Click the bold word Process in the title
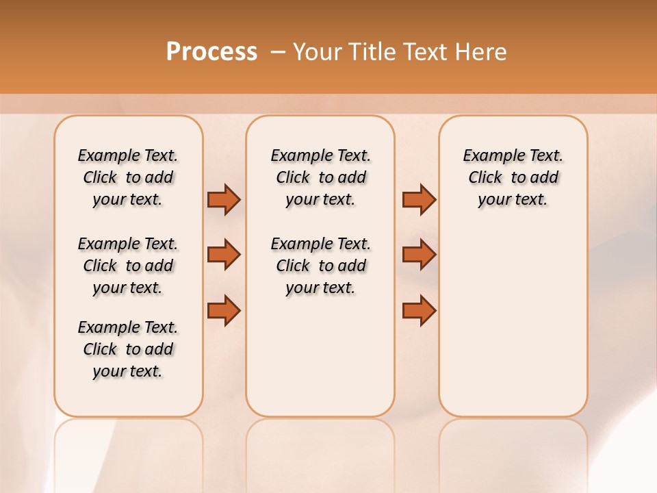pyautogui.click(x=211, y=52)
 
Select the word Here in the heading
pyautogui.click(x=482, y=52)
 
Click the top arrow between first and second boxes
pyautogui.click(x=224, y=199)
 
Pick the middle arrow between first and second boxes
pyautogui.click(x=224, y=255)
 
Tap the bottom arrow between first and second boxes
pyautogui.click(x=224, y=310)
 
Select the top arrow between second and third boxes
pyautogui.click(x=419, y=199)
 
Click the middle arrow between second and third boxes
pyautogui.click(x=419, y=255)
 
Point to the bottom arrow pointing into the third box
pyautogui.click(x=419, y=310)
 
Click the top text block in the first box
pyautogui.click(x=128, y=177)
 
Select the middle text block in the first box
pyautogui.click(x=128, y=266)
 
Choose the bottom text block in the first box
pyautogui.click(x=128, y=349)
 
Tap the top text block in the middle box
pyautogui.click(x=320, y=177)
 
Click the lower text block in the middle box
pyautogui.click(x=320, y=266)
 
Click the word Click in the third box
pyautogui.click(x=485, y=178)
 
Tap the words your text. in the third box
pyautogui.click(x=513, y=200)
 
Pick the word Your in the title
pyautogui.click(x=318, y=52)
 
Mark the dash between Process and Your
pyautogui.click(x=277, y=52)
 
